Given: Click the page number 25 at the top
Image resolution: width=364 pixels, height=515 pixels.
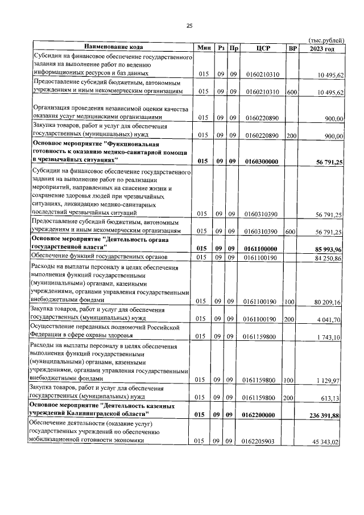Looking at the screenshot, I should tap(189, 26).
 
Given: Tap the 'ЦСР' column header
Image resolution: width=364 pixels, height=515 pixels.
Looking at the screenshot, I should tap(262, 47).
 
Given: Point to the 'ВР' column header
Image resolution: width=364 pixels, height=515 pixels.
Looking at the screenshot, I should tap(292, 47).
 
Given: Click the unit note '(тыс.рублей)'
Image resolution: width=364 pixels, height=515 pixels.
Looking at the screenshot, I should tap(326, 40).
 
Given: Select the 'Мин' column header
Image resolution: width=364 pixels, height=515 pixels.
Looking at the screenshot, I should tap(205, 47).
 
